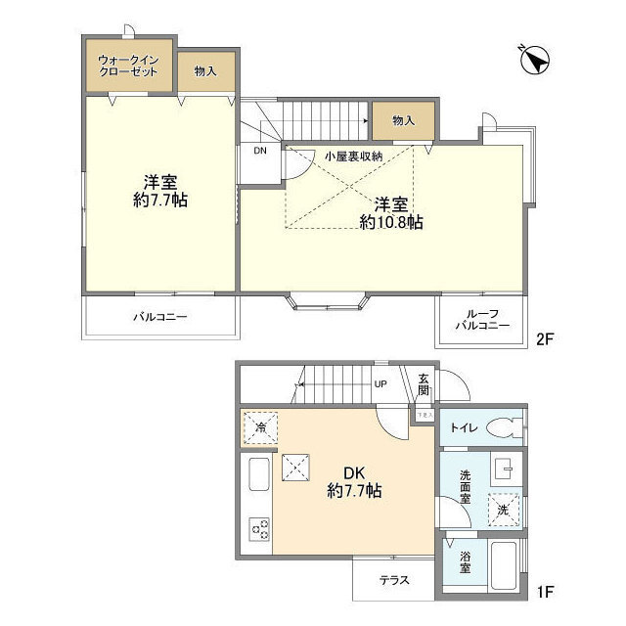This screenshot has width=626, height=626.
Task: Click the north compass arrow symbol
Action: click(x=535, y=61)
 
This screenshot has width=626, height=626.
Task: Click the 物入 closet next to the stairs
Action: click(x=403, y=120)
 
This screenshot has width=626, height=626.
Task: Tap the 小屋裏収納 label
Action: click(x=354, y=156)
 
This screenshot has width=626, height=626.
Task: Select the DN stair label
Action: click(x=259, y=151)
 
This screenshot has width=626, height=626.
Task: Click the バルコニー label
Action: click(x=159, y=317)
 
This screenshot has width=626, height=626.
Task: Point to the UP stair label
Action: click(x=380, y=383)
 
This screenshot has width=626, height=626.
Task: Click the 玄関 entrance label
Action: click(x=423, y=385)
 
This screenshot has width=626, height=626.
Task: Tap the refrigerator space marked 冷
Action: click(x=261, y=426)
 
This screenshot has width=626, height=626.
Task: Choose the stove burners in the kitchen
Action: click(x=261, y=529)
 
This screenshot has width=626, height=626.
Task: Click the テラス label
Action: click(x=394, y=579)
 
